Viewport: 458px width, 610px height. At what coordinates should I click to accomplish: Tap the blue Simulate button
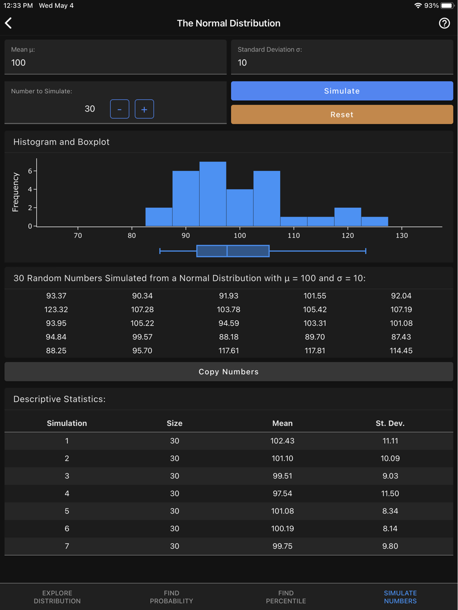point(342,91)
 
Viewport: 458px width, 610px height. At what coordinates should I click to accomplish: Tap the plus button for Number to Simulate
point(144,109)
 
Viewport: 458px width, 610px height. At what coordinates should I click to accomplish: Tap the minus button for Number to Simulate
point(120,109)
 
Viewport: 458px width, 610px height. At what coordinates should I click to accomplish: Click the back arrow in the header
point(9,23)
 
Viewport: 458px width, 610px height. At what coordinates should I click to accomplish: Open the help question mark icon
point(444,23)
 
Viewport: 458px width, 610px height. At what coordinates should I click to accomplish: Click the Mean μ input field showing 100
point(115,63)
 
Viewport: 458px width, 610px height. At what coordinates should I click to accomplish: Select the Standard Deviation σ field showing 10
point(342,63)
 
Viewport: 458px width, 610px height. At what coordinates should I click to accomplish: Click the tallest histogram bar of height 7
point(213,194)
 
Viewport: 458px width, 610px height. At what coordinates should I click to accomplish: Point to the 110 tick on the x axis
point(294,235)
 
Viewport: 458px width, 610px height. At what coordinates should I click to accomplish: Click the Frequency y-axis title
point(16,192)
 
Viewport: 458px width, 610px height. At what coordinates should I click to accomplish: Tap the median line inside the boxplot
point(227,251)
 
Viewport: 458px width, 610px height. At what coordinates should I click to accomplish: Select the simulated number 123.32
point(56,310)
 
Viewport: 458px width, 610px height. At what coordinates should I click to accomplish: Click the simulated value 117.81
point(315,351)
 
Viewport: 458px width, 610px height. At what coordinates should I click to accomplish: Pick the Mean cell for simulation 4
point(282,493)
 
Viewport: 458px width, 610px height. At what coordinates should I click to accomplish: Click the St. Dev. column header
point(390,423)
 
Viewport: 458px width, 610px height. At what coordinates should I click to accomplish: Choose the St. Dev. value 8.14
point(390,529)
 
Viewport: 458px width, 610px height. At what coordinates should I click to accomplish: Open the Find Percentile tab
point(286,597)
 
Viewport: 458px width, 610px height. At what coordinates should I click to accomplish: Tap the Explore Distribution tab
point(57,597)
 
